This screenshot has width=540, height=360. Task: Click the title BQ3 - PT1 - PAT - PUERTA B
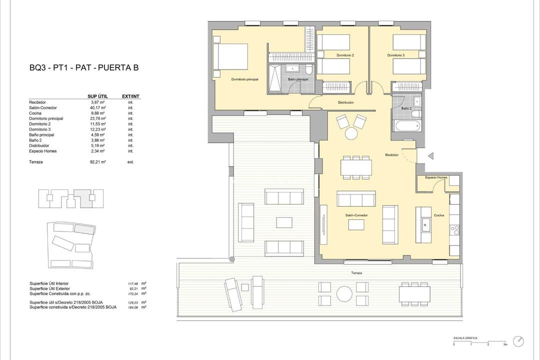83,68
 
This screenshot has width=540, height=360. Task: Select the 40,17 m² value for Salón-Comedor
97,107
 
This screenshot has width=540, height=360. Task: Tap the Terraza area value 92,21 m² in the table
97,162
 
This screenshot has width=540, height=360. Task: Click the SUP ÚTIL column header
97,96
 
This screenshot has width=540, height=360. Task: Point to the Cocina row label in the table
37,113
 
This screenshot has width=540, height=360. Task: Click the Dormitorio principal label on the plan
244,79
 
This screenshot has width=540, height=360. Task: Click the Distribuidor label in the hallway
345,102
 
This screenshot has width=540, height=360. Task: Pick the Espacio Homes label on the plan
436,177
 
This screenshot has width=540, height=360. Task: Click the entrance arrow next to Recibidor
430,156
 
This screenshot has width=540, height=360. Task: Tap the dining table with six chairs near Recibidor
356,167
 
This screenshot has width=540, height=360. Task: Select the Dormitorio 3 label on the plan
396,55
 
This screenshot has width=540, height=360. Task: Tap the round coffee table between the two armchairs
351,133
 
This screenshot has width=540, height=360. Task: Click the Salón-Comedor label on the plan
356,215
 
